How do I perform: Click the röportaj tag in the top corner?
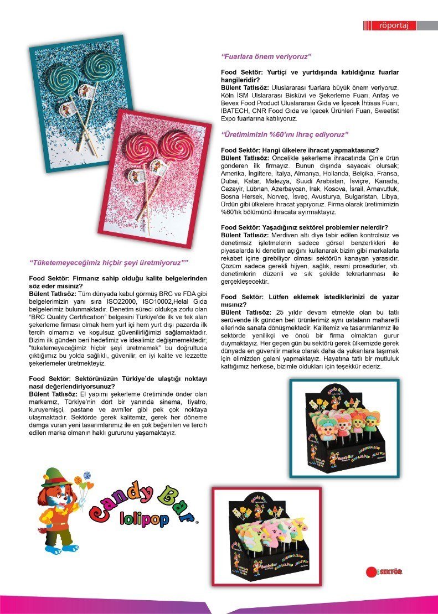[394, 25]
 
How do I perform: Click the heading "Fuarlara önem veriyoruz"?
[267, 56]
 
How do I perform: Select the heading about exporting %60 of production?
[284, 134]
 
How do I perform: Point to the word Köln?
[229, 96]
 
